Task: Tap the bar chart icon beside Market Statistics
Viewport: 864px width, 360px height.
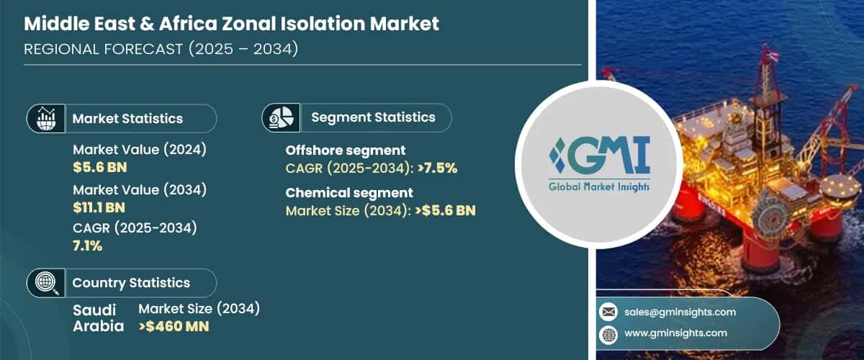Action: [45, 118]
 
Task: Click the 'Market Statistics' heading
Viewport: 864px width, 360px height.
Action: [127, 119]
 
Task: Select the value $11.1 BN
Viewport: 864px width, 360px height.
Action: [99, 207]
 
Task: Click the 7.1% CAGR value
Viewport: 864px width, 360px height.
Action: [88, 246]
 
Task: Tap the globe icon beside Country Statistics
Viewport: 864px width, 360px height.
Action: [45, 283]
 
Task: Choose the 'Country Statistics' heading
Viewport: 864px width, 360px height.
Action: [131, 283]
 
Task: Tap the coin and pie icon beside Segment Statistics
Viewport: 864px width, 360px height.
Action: [281, 117]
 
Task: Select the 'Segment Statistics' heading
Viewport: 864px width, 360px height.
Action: [373, 117]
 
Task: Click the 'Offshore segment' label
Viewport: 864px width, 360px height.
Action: [346, 150]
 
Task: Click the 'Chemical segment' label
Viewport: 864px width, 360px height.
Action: [349, 192]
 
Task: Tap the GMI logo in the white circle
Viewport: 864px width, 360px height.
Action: [598, 163]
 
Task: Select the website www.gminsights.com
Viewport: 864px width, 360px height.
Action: [675, 333]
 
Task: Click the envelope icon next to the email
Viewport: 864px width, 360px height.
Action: [608, 312]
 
